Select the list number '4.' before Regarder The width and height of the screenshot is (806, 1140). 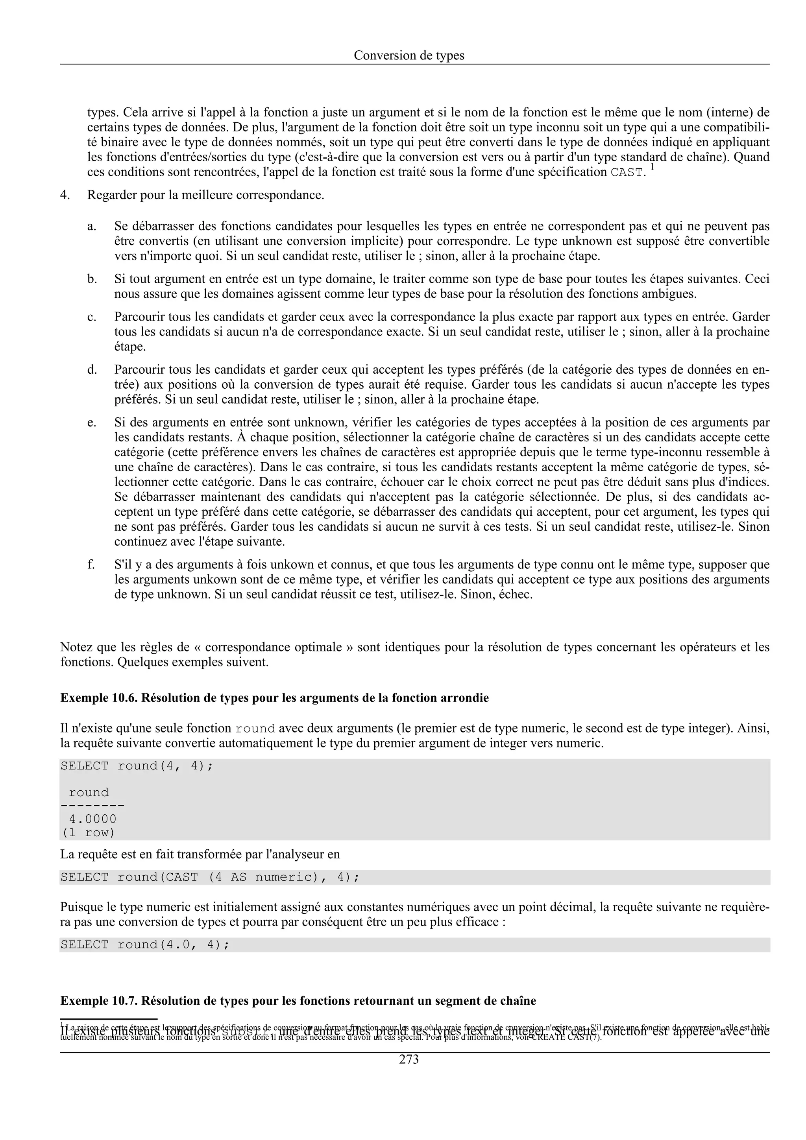coord(65,195)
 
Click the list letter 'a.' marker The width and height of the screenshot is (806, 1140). coord(92,227)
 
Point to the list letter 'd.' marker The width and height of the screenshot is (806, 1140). coord(92,370)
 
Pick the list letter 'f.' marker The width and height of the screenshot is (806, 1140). coord(91,564)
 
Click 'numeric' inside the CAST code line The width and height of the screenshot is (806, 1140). coord(286,877)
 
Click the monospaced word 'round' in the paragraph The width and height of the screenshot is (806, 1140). coord(255,729)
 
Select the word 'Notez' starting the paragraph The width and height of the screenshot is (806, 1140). coord(76,647)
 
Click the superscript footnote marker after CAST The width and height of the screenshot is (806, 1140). coord(652,168)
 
